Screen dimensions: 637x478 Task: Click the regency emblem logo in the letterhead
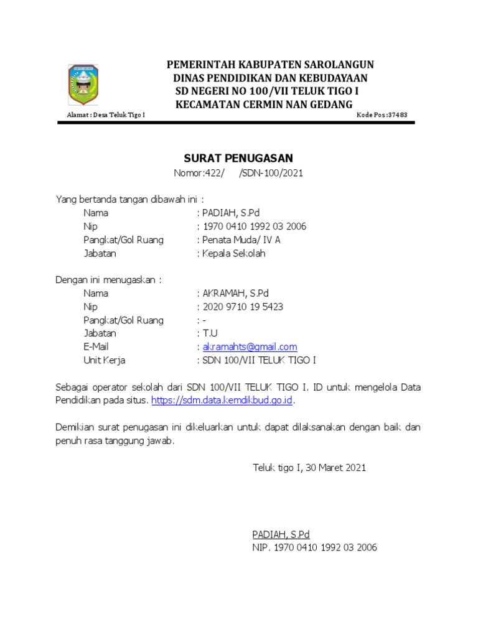(82, 87)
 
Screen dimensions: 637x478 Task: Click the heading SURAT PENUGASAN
(238, 158)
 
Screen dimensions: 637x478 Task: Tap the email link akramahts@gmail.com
(250, 346)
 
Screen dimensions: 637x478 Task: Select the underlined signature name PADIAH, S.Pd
(281, 534)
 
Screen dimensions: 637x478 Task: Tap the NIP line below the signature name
(314, 548)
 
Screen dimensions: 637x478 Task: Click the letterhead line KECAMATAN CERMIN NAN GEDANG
(264, 103)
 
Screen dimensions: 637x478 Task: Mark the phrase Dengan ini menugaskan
(108, 280)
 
